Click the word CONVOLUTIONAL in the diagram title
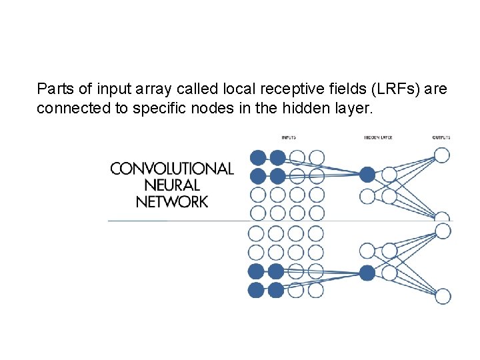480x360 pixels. click(x=172, y=169)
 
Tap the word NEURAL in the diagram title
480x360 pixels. click(x=172, y=185)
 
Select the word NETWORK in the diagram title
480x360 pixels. click(x=172, y=201)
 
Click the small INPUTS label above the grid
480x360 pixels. click(x=289, y=138)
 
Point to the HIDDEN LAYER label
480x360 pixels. click(x=378, y=138)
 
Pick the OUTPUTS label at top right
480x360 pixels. click(x=441, y=138)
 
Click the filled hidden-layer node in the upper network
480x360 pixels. click(x=367, y=175)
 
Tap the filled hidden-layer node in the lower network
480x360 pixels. click(x=367, y=272)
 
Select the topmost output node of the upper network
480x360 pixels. click(x=442, y=155)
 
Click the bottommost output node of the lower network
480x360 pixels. click(x=443, y=296)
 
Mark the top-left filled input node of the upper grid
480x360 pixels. click(x=257, y=158)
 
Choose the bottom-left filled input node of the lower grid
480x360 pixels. click(x=256, y=290)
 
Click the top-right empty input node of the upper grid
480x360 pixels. click(x=317, y=158)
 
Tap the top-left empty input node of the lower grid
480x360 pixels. click(x=256, y=234)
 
